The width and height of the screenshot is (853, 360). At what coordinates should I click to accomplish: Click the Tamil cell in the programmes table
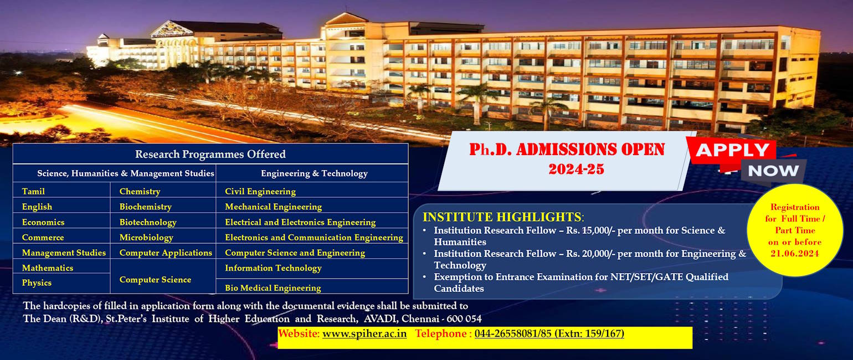click(33, 191)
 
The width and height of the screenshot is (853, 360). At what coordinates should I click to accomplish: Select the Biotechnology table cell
click(148, 222)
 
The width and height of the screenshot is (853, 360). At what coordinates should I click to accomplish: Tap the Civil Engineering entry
click(260, 191)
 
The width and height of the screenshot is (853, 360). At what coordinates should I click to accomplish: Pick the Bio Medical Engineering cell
click(273, 287)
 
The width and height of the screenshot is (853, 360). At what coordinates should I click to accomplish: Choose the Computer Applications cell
click(166, 253)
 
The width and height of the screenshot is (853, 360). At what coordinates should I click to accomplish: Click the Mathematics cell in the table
click(48, 268)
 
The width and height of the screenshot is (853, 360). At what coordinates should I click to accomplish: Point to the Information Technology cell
click(273, 268)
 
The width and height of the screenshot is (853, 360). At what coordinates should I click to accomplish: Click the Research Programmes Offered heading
click(210, 154)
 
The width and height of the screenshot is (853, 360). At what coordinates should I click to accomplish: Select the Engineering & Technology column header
click(314, 173)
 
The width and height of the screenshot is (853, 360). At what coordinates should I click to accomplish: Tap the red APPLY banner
click(732, 150)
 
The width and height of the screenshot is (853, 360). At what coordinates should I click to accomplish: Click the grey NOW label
click(773, 170)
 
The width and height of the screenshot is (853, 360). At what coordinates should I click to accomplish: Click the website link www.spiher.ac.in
click(364, 333)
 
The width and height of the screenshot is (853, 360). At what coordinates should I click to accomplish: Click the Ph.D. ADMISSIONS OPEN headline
click(567, 150)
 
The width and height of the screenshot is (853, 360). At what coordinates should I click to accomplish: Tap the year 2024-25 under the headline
click(576, 169)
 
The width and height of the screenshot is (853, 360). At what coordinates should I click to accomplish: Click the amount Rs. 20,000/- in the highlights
click(590, 254)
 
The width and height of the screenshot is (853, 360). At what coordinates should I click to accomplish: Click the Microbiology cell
click(146, 237)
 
